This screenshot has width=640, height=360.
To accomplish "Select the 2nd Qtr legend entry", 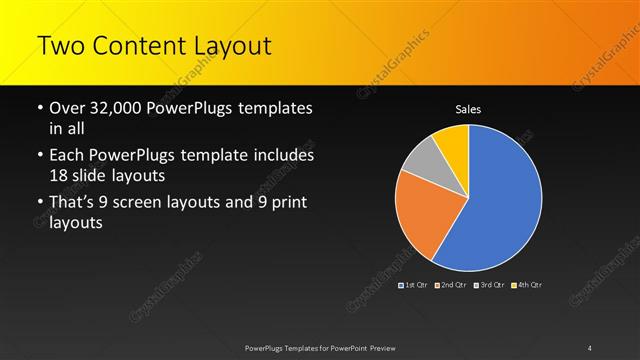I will click(451, 285).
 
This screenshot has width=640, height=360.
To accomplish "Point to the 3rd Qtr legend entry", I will click(489, 285).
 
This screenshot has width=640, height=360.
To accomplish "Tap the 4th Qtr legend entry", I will click(527, 285).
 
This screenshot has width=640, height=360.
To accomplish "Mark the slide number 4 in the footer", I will click(590, 348).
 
